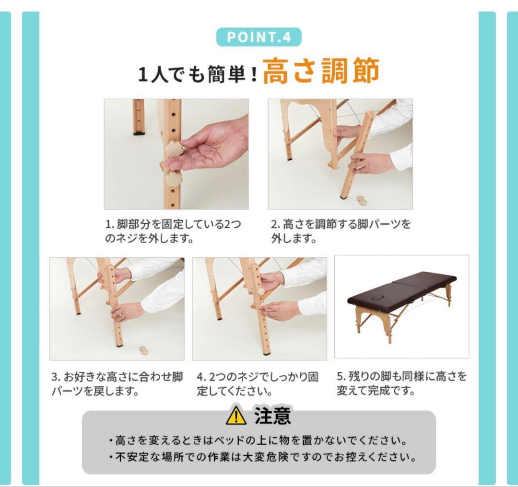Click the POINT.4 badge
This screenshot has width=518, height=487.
pos(259,37)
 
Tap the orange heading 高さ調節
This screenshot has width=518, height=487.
pos(321,70)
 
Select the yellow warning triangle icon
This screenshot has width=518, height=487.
pos(236,416)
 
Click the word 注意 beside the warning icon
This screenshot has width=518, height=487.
pos(272,416)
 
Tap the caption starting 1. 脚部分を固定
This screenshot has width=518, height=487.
pos(173,231)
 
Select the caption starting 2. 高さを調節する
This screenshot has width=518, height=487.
pos(341,231)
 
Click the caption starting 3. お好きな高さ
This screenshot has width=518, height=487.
pos(118,383)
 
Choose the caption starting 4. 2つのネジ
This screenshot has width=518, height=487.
pos(258,383)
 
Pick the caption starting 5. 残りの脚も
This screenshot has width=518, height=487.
pos(402,383)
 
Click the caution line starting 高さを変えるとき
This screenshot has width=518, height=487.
pos(258,440)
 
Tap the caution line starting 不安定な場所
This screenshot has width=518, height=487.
pos(262,457)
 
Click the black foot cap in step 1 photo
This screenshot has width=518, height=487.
pos(139,133)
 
